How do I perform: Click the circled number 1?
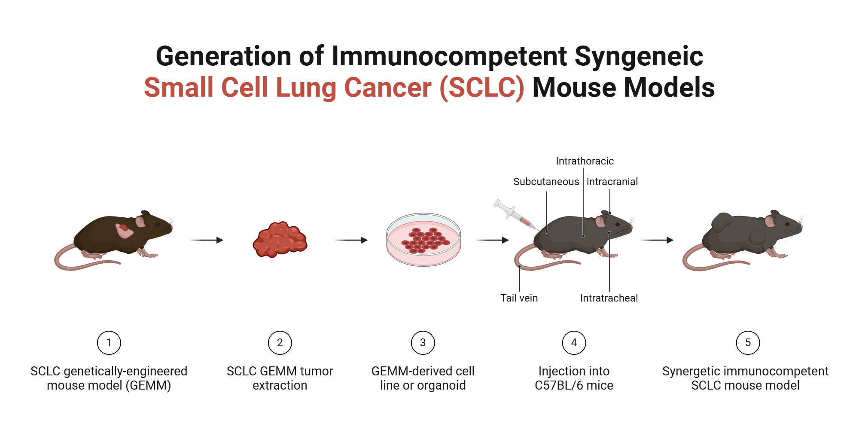[109, 342]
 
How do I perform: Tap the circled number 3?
[423, 342]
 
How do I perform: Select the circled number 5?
[748, 342]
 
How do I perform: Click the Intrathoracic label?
[585, 161]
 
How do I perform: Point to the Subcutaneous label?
[546, 182]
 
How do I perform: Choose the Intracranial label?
[612, 182]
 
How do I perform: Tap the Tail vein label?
[519, 298]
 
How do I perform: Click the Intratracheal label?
[609, 298]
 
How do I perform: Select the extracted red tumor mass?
[280, 240]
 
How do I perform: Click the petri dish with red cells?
[423, 240]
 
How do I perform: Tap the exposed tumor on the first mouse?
[124, 231]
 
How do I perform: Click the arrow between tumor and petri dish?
[351, 240]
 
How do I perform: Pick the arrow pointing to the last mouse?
[657, 240]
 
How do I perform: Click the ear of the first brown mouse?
[140, 222]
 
